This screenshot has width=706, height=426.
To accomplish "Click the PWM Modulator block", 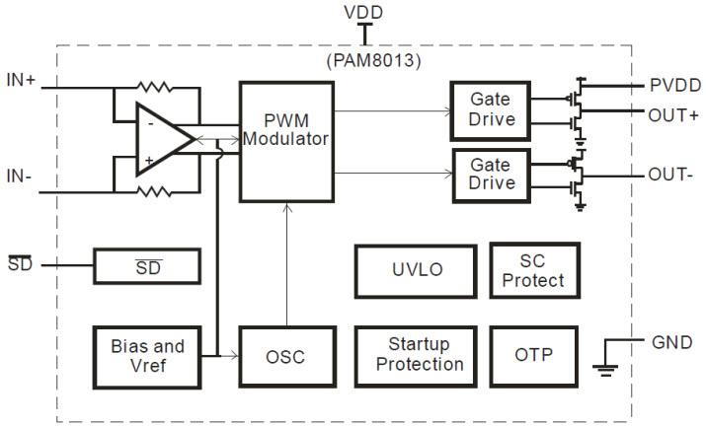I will coord(284,141).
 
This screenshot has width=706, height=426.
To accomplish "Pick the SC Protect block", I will coord(533,270).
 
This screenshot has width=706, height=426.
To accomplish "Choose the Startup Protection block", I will coord(410,354).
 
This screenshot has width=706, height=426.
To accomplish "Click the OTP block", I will coord(533,355).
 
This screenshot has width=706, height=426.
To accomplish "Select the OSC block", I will coord(285,355).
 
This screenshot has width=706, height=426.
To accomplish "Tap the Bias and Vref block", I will coord(147,355).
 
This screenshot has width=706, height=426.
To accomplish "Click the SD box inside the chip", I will coord(147,265).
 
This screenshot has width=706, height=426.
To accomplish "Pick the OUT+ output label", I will coord(674,113).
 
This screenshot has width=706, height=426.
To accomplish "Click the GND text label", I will coord(671,342).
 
